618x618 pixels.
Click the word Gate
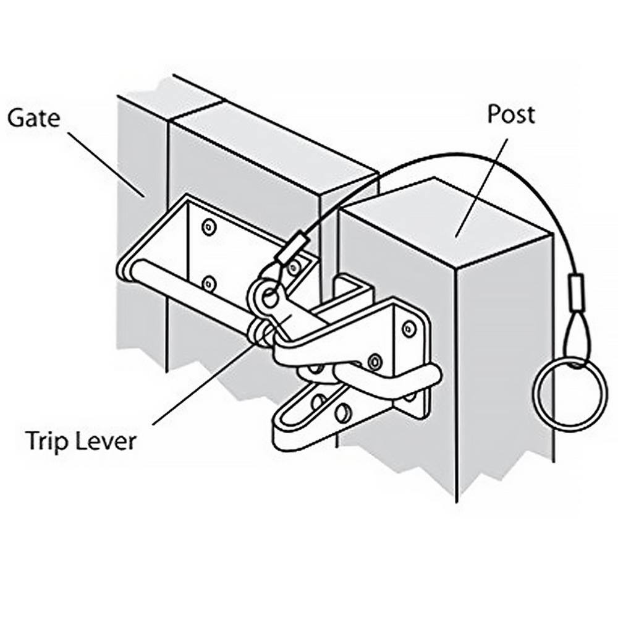click(34, 117)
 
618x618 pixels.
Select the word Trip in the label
click(48, 442)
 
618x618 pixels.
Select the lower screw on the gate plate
click(208, 283)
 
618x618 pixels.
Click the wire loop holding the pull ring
click(576, 339)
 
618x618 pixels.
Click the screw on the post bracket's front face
click(375, 360)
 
